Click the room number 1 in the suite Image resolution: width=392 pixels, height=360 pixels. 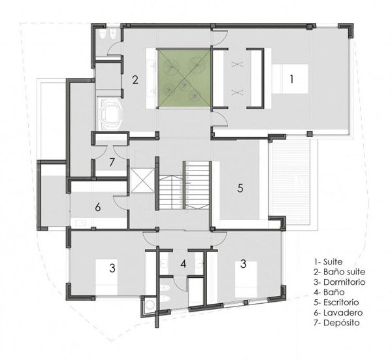[x=291, y=79]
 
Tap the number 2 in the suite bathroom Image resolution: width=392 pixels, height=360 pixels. [x=135, y=80]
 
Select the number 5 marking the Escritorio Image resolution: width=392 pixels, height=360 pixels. [x=240, y=188]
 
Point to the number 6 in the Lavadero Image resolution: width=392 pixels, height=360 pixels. [x=98, y=207]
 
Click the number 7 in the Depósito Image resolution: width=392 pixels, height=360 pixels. [x=112, y=163]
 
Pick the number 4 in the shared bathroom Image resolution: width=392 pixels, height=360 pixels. [x=184, y=264]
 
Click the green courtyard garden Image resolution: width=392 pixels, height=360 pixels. [x=184, y=78]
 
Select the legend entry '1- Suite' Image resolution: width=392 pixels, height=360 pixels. [x=328, y=262]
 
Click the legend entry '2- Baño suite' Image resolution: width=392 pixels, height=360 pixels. [x=339, y=272]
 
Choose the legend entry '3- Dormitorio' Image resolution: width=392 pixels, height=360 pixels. [x=339, y=282]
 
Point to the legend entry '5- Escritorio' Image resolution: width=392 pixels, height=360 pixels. [x=336, y=303]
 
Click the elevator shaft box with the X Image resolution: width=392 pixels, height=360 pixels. [x=142, y=180]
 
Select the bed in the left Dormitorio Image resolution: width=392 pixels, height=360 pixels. [x=106, y=277]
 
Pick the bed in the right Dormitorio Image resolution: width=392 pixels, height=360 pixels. [x=246, y=280]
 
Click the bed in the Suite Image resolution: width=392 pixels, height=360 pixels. [x=290, y=79]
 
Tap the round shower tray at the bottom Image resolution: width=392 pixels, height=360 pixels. [x=150, y=304]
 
